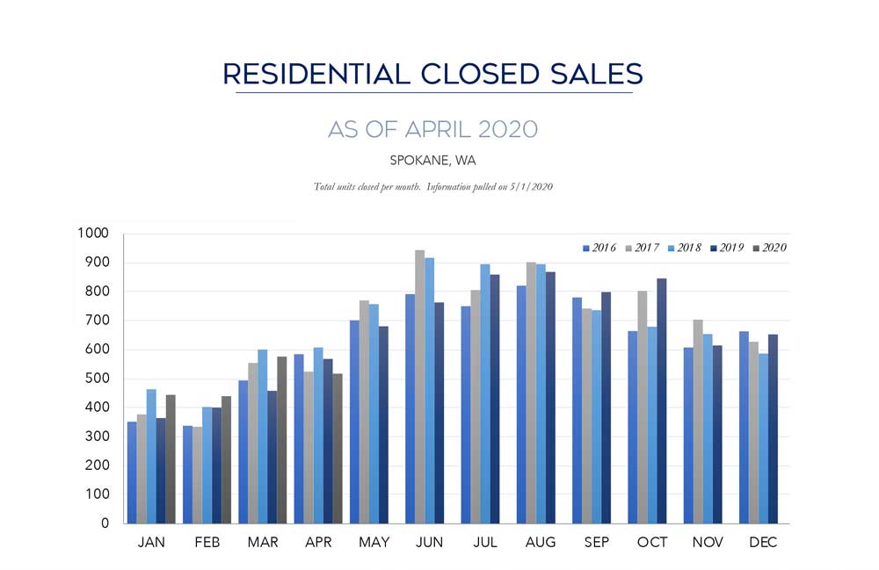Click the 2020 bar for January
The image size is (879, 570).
click(171, 458)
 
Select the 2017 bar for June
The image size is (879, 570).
click(419, 386)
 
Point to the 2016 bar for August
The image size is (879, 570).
click(522, 404)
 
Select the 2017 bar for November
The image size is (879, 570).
click(697, 422)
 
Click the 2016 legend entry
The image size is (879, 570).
click(599, 248)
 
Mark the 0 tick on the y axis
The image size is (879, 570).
click(105, 523)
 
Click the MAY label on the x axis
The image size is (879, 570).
click(374, 543)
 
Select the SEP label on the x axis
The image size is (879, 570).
click(596, 543)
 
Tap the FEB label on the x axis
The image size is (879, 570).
click(207, 543)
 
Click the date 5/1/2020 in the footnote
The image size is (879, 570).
click(528, 187)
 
